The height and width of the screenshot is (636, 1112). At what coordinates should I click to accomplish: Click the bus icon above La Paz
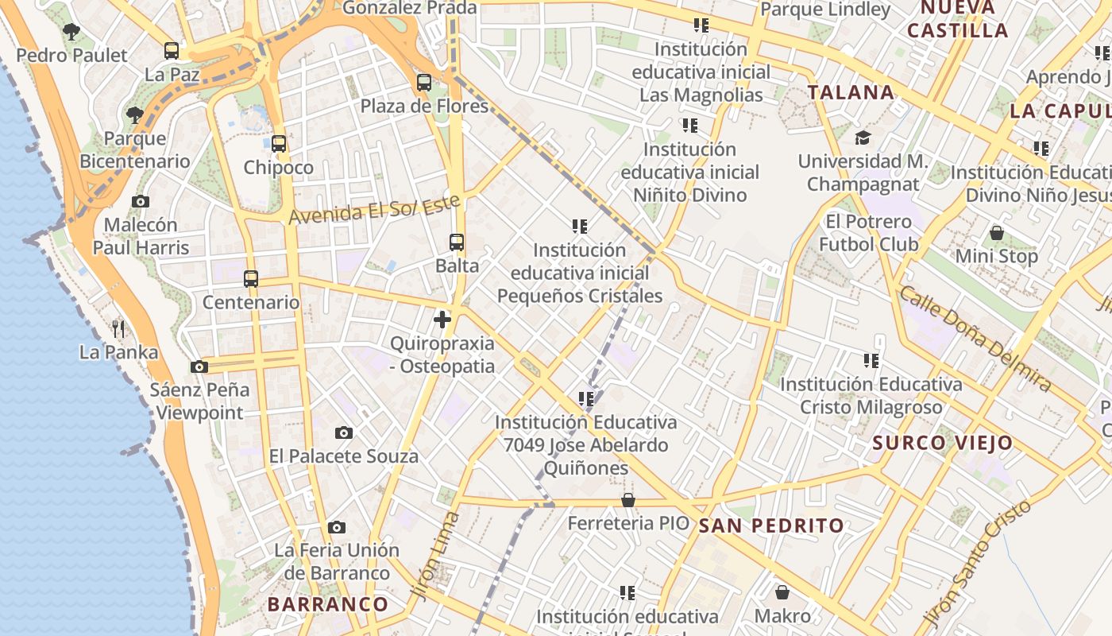(x=172, y=51)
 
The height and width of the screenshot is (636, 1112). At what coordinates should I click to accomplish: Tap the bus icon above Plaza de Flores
(x=424, y=82)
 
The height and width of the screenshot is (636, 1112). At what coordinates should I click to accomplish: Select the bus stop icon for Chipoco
(x=279, y=144)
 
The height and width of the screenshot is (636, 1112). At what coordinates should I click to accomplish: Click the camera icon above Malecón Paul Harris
(x=141, y=201)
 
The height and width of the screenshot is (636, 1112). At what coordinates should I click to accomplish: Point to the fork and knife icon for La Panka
(x=118, y=328)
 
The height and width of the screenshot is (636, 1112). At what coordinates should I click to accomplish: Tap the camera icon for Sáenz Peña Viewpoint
(x=199, y=366)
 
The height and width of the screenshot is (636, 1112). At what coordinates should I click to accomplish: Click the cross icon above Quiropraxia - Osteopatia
(x=442, y=320)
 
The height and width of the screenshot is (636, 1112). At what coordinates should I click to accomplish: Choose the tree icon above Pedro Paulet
(x=71, y=32)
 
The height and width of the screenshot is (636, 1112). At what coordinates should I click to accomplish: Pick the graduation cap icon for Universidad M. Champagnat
(x=863, y=138)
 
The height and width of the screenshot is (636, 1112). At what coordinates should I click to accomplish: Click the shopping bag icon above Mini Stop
(x=997, y=233)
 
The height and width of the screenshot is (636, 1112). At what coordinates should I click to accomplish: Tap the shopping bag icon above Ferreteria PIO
(x=628, y=500)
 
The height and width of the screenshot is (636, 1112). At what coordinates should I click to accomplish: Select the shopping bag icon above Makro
(x=782, y=592)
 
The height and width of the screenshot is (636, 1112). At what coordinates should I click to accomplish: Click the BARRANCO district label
(x=328, y=604)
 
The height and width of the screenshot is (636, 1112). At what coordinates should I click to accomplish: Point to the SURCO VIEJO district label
(x=943, y=443)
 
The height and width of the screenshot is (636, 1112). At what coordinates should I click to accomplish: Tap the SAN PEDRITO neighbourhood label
(x=771, y=525)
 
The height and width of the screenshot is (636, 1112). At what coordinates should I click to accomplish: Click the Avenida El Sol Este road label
(x=374, y=208)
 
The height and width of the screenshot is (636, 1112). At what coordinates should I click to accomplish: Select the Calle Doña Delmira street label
(x=975, y=338)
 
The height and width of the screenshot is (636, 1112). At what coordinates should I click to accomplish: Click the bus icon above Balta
(x=457, y=242)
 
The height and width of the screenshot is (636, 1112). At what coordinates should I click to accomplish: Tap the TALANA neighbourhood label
(x=851, y=92)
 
